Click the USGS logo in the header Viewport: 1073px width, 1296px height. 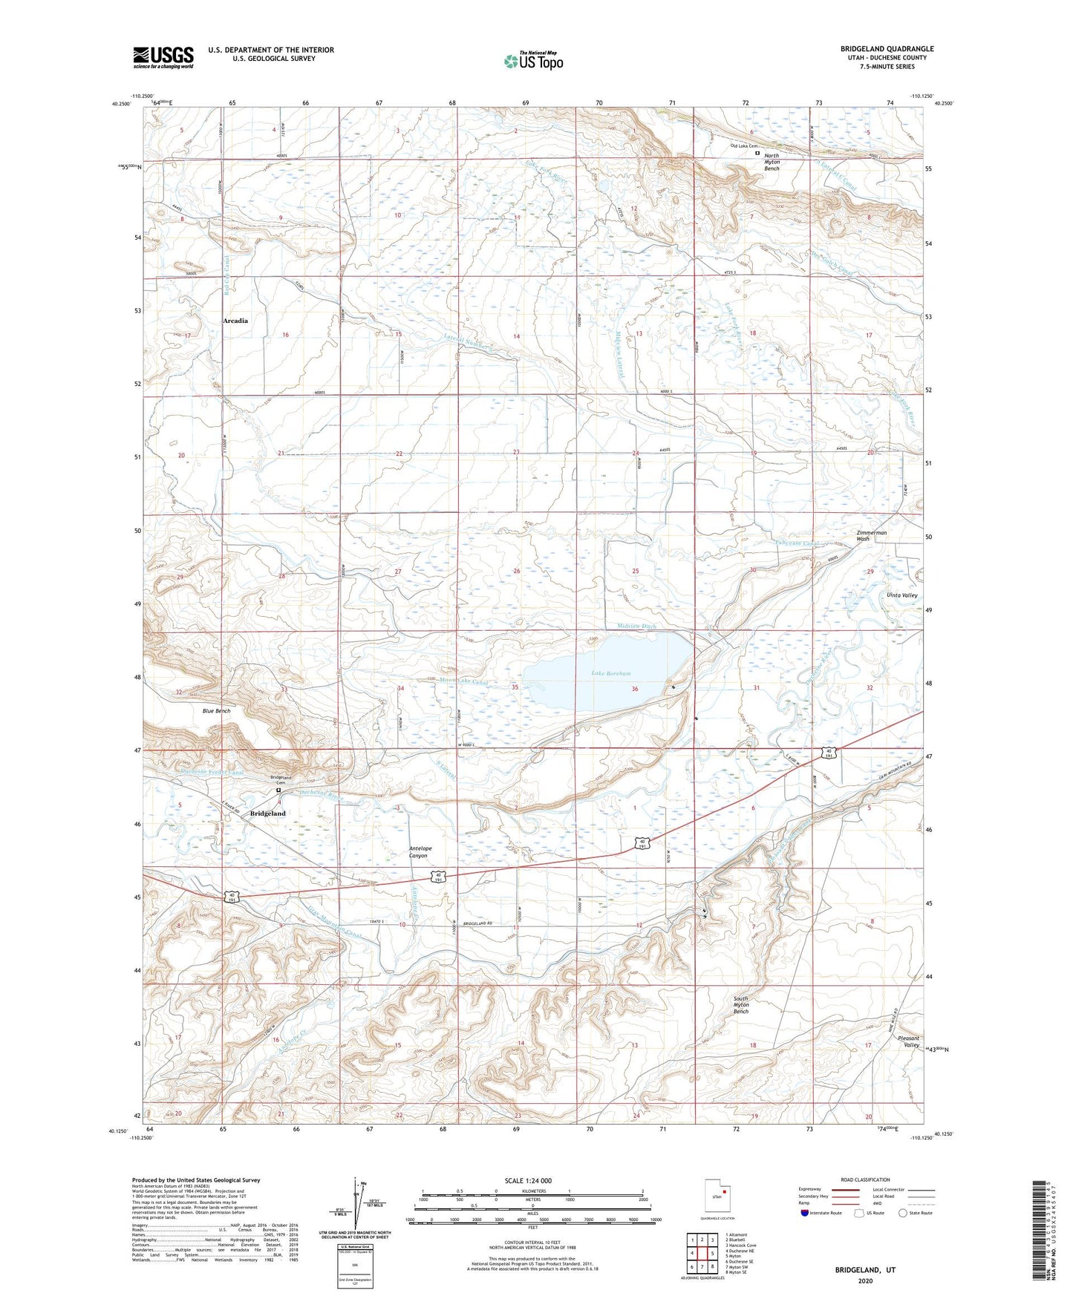[x=163, y=56]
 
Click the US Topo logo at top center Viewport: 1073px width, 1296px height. [x=533, y=60]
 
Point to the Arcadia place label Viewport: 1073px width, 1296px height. [x=235, y=321]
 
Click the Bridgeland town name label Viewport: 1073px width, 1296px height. [x=267, y=814]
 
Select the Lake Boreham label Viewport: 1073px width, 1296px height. [x=611, y=673]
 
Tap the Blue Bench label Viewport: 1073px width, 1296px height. [x=217, y=710]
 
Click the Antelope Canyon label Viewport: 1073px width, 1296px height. [x=419, y=852]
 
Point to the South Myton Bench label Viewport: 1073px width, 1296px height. [x=741, y=1005]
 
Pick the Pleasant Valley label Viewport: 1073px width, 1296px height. [x=908, y=1041]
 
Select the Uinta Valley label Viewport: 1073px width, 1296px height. [x=902, y=595]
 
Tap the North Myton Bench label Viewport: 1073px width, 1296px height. [x=772, y=162]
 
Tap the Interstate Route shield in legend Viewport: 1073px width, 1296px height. [x=805, y=1213]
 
